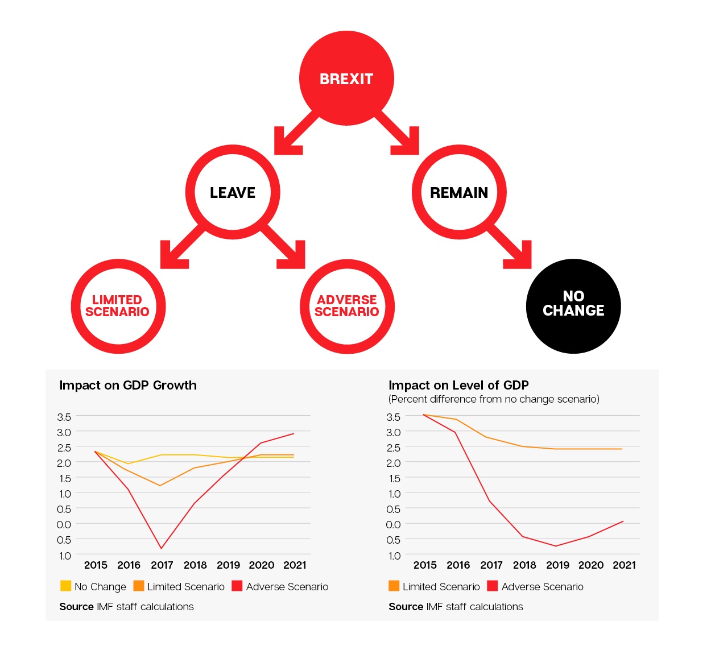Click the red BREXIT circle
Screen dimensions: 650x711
pyautogui.click(x=346, y=78)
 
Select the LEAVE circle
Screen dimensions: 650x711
pyautogui.click(x=233, y=192)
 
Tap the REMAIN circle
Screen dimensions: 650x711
pyautogui.click(x=459, y=192)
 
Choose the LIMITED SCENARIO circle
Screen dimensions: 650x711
pyautogui.click(x=118, y=306)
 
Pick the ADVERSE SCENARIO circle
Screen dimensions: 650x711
pyautogui.click(x=347, y=306)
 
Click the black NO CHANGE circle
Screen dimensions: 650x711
pyautogui.click(x=573, y=306)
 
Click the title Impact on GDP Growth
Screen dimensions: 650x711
pyautogui.click(x=128, y=385)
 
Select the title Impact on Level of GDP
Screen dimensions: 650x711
pyautogui.click(x=458, y=385)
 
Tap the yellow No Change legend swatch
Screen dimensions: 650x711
pyautogui.click(x=65, y=586)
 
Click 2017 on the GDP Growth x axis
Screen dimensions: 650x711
pyautogui.click(x=162, y=565)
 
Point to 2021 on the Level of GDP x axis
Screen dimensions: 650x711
pyautogui.click(x=624, y=565)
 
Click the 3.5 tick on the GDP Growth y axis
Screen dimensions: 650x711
pyautogui.click(x=64, y=417)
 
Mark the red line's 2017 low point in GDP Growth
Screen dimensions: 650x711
pyautogui.click(x=162, y=548)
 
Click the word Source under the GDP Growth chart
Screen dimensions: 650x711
pyautogui.click(x=76, y=607)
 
